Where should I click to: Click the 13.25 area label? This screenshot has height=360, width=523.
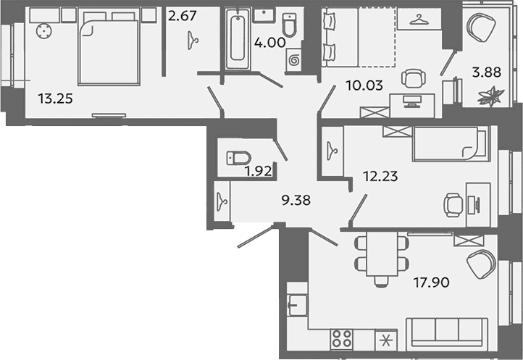(x=55, y=99)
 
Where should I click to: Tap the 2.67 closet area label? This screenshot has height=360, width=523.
(x=183, y=16)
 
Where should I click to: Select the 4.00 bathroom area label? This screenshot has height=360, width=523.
(x=270, y=43)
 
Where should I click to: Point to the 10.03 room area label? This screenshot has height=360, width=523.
(x=364, y=85)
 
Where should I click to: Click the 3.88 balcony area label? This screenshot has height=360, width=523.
(x=487, y=72)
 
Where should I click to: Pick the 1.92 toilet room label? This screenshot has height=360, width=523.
(x=257, y=172)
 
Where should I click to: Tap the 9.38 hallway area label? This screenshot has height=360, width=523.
(x=296, y=200)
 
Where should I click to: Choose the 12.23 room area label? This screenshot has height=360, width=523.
(x=380, y=176)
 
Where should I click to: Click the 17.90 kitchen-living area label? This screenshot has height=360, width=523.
(x=432, y=282)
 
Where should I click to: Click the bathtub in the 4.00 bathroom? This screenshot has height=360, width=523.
(x=237, y=39)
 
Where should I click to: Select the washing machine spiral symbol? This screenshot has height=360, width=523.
(x=294, y=60)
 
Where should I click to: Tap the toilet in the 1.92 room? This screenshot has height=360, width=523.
(x=238, y=158)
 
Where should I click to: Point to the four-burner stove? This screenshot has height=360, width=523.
(x=342, y=338)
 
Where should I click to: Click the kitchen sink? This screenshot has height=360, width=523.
(x=298, y=305)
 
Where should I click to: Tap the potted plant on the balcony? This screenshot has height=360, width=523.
(x=490, y=96)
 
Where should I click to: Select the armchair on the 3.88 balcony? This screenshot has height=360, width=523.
(x=481, y=28)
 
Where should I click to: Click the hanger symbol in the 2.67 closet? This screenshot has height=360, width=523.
(x=193, y=41)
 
